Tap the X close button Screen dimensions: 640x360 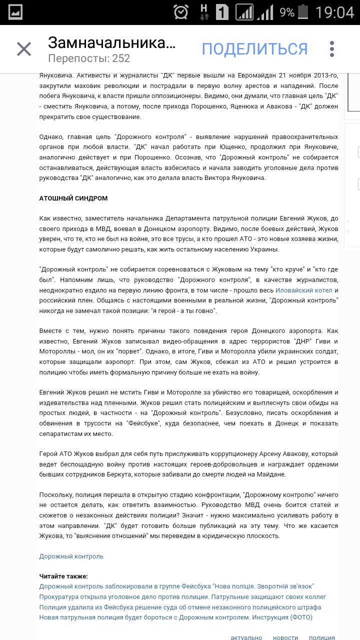pos(24,49)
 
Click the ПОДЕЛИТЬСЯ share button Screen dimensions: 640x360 pos(254,49)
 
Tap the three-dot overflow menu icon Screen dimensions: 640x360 pos(332,49)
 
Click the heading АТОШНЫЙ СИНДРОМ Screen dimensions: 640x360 pos(73,198)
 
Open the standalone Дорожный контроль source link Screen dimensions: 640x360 pos(71,556)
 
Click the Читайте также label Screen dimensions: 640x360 pos(63,576)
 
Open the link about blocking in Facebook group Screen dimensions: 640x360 pos(176,586)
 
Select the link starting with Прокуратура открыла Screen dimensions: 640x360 pos(182,597)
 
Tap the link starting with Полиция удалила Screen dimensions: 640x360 pos(180,607)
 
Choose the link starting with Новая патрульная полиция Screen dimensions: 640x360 pos(175,617)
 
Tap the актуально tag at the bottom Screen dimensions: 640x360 pos(246,637)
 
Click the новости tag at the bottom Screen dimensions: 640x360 pos(285,637)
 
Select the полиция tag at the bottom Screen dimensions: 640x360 pos(322,637)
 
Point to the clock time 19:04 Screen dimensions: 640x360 pos(335,12)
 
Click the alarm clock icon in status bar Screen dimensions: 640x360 pos(181,12)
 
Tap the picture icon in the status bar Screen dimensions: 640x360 pos(15,12)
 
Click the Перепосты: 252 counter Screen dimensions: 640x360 pos(89,58)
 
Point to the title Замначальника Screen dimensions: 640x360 pos(112,42)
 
